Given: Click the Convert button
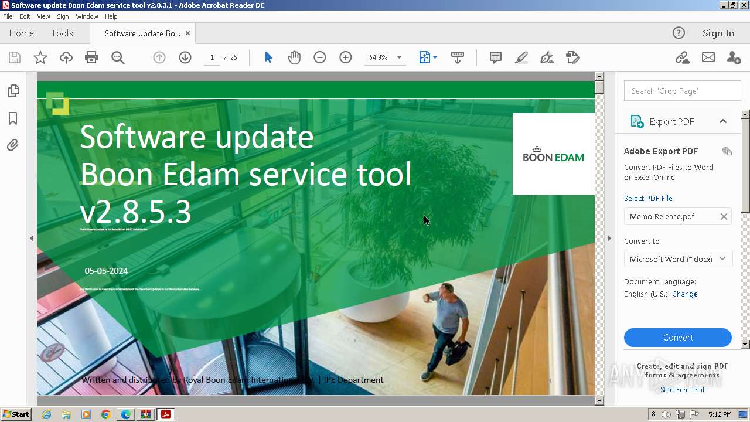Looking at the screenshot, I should [677, 338].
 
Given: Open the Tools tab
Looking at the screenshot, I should [62, 33].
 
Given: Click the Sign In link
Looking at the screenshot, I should [718, 33].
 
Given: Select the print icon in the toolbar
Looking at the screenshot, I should [91, 57].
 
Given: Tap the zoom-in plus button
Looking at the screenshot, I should [346, 57].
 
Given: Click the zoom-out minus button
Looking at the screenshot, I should [320, 57].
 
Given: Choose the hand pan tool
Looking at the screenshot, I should [294, 57].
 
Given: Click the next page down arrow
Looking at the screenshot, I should [185, 57].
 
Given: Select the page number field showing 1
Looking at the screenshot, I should [212, 57].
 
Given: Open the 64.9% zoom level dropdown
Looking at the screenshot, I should [399, 57].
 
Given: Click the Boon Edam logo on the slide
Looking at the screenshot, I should [553, 154].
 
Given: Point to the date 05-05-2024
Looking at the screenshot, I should [106, 271].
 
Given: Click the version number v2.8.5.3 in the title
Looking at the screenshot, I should [136, 212].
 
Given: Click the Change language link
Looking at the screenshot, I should [684, 294].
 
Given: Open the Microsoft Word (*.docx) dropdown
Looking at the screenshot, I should [677, 259].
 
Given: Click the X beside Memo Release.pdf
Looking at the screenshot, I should [724, 217].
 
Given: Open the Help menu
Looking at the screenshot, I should [111, 16].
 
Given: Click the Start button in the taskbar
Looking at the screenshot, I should [16, 414].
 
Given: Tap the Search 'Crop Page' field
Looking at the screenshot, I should [682, 91].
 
